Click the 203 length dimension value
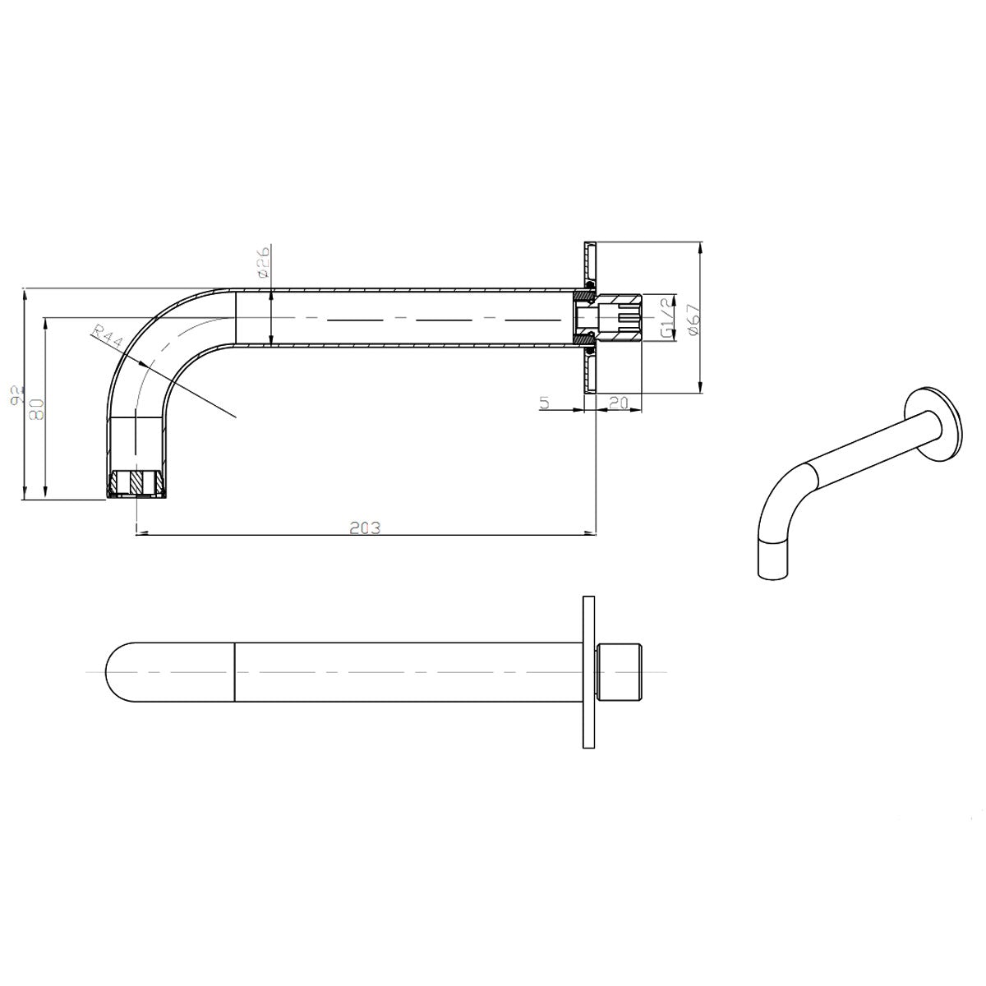point(365,528)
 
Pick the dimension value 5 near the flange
point(545,403)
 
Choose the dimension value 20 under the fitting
point(618,403)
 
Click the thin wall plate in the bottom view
point(587,671)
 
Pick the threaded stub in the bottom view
point(624,671)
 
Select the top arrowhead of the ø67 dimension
point(700,246)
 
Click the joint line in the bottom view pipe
point(236,671)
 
